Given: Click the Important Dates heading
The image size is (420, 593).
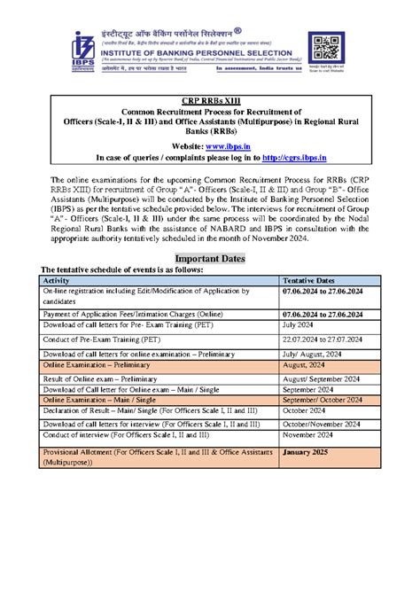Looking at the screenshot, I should click(x=209, y=259).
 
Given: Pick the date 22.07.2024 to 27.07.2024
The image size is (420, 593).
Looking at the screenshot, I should click(x=322, y=339).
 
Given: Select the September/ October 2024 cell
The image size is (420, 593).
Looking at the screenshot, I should click(x=323, y=400).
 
